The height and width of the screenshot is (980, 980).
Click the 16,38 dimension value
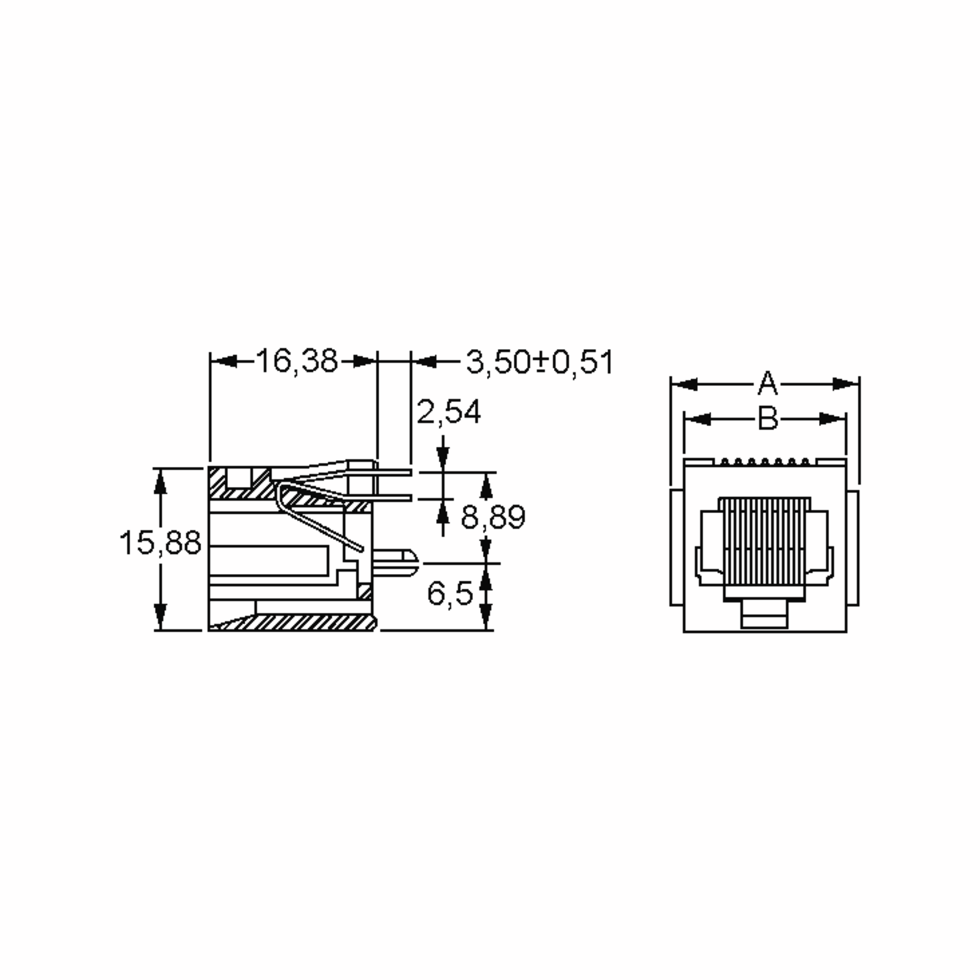(297, 361)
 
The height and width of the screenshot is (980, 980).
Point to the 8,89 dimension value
(493, 517)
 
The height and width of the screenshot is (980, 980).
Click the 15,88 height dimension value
(160, 542)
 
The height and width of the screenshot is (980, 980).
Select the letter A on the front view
(768, 383)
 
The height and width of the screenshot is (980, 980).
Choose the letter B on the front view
(768, 419)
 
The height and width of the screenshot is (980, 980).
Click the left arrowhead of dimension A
(683, 384)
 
